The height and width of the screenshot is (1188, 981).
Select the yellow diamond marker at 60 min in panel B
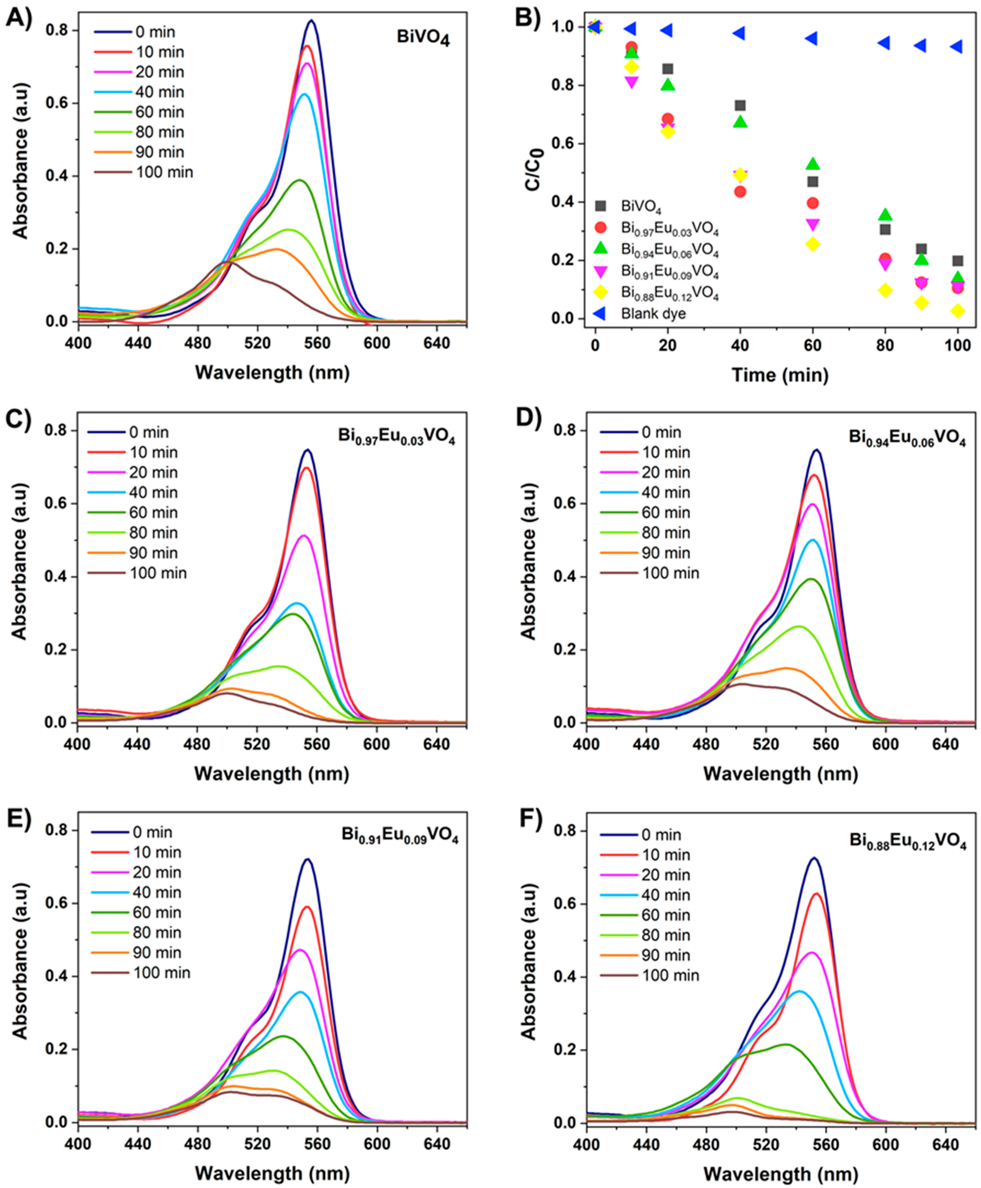point(813,244)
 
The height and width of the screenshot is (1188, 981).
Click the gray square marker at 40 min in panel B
point(740,106)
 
